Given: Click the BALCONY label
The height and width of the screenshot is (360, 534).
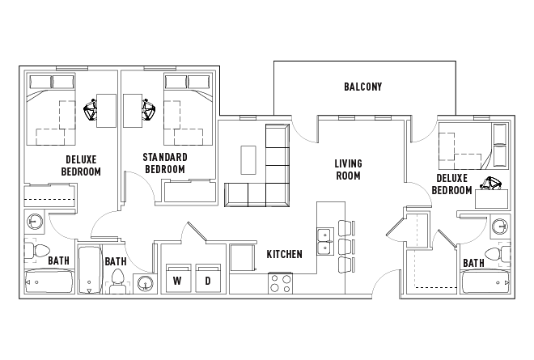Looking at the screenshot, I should pyautogui.click(x=362, y=87).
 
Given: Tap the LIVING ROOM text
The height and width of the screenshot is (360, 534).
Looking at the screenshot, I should pyautogui.click(x=348, y=169).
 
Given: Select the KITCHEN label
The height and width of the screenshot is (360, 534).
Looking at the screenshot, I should pyautogui.click(x=284, y=254).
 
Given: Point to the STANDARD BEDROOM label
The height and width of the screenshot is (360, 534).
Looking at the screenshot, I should pyautogui.click(x=164, y=163).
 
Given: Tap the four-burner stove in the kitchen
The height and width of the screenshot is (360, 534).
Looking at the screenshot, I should pyautogui.click(x=281, y=283).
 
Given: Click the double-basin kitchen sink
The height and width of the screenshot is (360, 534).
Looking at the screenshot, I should pyautogui.click(x=325, y=239).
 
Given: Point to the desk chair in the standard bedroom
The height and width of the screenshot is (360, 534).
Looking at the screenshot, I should pyautogui.click(x=148, y=108).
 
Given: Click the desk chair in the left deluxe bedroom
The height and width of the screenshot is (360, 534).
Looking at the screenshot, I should pyautogui.click(x=91, y=108).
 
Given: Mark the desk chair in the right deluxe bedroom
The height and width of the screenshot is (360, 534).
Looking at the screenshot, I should pyautogui.click(x=491, y=184).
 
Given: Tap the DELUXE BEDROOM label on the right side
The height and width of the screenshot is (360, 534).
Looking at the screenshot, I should pyautogui.click(x=452, y=184).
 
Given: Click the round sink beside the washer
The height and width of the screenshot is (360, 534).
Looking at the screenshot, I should pyautogui.click(x=146, y=283).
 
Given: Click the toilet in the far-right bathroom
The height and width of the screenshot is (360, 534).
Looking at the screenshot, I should pyautogui.click(x=504, y=254).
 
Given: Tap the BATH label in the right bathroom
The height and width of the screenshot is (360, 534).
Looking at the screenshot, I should pyautogui.click(x=473, y=262).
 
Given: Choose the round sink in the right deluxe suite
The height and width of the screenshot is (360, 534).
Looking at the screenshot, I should pyautogui.click(x=501, y=225).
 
